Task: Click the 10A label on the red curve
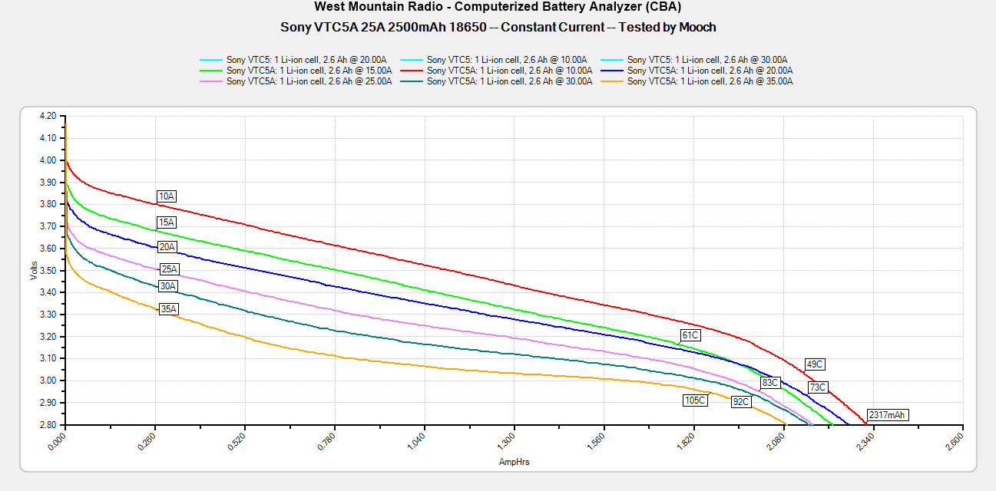click(x=167, y=196)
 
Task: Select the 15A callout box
click(x=167, y=222)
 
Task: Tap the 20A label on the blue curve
click(x=167, y=247)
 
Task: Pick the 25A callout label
click(x=169, y=269)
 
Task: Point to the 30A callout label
click(x=167, y=286)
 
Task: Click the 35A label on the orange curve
click(x=168, y=309)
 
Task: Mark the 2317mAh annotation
click(x=887, y=415)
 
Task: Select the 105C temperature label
click(x=694, y=400)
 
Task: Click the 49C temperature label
click(x=815, y=364)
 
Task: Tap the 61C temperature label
click(x=690, y=335)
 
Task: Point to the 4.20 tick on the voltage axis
click(x=48, y=116)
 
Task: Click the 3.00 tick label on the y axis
click(x=48, y=381)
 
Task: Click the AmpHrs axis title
click(x=514, y=462)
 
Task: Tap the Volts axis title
click(x=34, y=270)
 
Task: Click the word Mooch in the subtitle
click(x=697, y=27)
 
